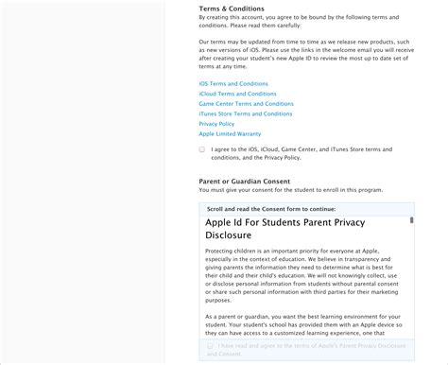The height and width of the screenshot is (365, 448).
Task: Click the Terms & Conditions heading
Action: click(x=232, y=9)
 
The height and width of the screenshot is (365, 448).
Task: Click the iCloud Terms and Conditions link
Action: click(x=237, y=94)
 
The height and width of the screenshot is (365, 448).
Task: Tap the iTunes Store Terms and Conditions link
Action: click(x=246, y=113)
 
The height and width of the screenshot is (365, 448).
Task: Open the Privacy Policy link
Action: click(x=216, y=124)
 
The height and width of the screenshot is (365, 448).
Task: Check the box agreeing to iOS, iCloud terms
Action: click(x=202, y=149)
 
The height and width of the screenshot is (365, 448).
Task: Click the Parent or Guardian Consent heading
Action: click(x=244, y=182)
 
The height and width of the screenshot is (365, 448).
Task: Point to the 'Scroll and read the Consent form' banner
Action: click(x=271, y=209)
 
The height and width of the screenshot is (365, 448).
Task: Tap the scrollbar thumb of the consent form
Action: click(x=411, y=220)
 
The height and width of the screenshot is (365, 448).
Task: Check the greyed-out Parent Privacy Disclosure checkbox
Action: click(x=210, y=348)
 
